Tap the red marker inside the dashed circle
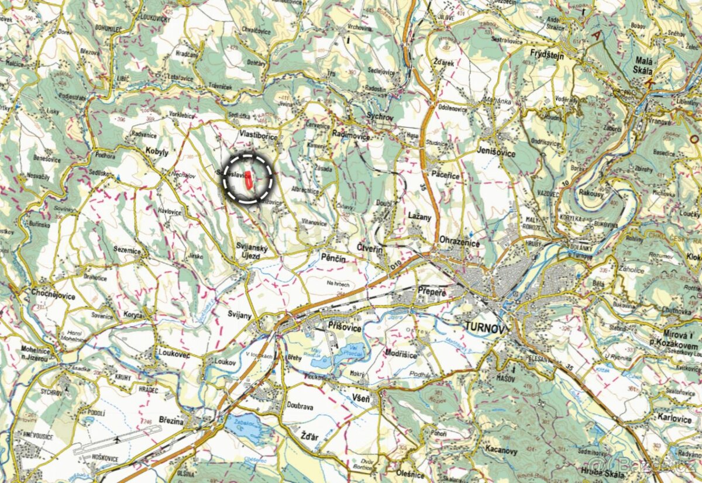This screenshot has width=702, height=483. click(249, 179)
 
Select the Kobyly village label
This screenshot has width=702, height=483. click(156, 152)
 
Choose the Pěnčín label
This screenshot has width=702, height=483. click(333, 257)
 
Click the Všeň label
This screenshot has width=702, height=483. click(362, 399)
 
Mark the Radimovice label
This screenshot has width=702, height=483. click(351, 135)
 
